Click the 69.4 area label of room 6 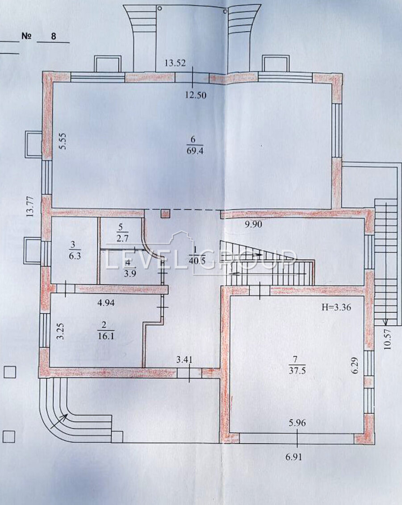click(x=195, y=151)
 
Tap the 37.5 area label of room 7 click(x=297, y=370)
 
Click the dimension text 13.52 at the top click(x=175, y=63)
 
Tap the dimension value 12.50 click(x=195, y=95)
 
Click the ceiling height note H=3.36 click(x=336, y=307)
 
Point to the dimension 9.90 click(x=253, y=224)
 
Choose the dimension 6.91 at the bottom click(x=293, y=457)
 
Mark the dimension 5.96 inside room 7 click(x=297, y=422)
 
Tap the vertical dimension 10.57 click(x=388, y=339)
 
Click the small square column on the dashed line click(x=165, y=214)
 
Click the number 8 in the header click(x=53, y=36)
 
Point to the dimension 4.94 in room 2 click(x=106, y=303)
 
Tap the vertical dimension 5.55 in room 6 click(x=63, y=141)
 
